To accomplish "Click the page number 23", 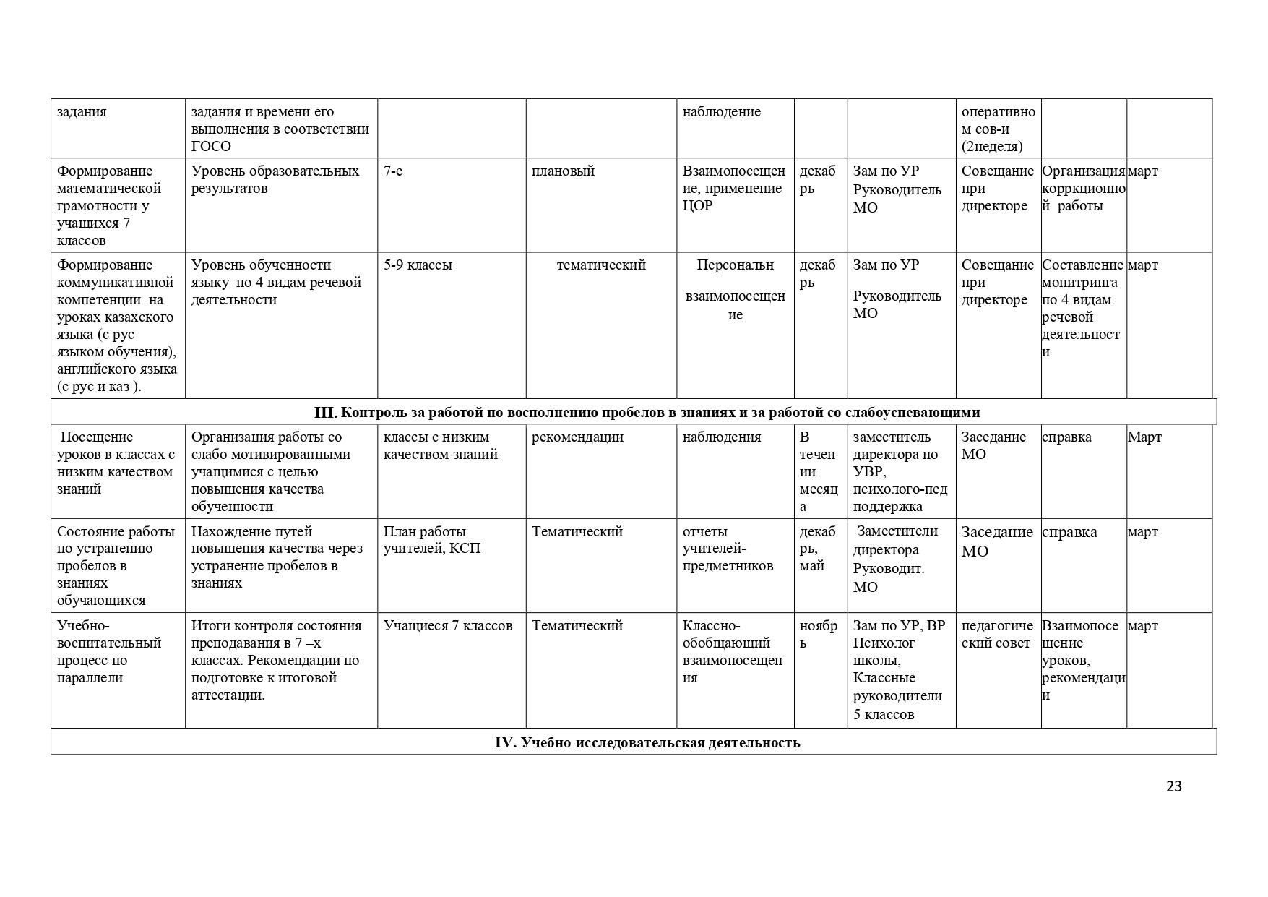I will click(1173, 786).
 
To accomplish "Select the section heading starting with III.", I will click(647, 412).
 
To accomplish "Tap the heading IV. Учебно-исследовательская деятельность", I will click(647, 742).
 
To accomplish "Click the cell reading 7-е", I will click(394, 171).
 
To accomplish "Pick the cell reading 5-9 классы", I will click(418, 265).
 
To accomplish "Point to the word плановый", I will click(563, 171).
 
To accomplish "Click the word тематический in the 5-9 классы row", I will click(601, 265).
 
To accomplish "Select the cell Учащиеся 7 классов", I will click(448, 626).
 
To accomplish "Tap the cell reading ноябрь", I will click(819, 635).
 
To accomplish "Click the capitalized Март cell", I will click(1144, 437).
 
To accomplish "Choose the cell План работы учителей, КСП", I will click(431, 540).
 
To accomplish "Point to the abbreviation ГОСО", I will click(211, 147).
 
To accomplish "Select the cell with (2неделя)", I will click(991, 147).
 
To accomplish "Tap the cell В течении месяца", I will click(818, 471).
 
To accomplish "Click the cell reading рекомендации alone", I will click(577, 437).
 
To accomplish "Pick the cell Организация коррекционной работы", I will click(1083, 189).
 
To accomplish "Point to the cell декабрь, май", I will click(817, 549).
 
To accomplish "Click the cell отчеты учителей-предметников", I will click(728, 549).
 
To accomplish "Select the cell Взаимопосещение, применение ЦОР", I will click(733, 189).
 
